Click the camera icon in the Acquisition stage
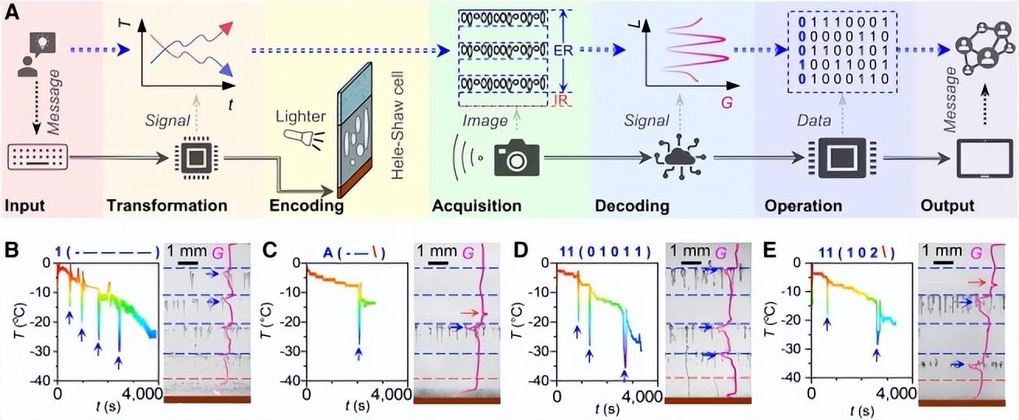(516, 158)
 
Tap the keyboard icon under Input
(38, 158)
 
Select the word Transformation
(167, 205)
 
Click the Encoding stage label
(307, 206)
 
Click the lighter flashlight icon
(300, 136)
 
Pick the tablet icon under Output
(985, 159)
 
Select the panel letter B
(12, 251)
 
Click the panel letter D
(521, 251)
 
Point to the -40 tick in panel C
(290, 380)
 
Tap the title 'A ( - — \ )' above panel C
(354, 253)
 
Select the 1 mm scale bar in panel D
(690, 263)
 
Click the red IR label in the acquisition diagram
(562, 100)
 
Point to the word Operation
(803, 206)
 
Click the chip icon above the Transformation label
(196, 158)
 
